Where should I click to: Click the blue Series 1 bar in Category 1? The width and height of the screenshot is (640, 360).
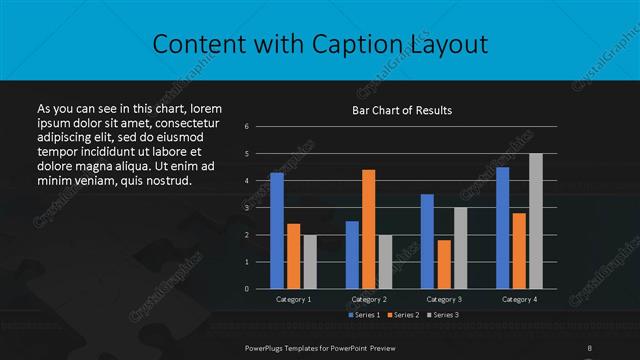click(277, 231)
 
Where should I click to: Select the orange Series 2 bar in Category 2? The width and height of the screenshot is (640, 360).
click(368, 229)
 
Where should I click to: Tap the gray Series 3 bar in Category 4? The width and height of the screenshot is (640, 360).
click(535, 221)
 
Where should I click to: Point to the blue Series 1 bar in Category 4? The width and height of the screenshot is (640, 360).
click(502, 228)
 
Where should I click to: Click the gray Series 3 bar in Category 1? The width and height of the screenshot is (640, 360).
click(310, 262)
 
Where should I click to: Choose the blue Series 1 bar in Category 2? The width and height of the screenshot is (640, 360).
click(352, 255)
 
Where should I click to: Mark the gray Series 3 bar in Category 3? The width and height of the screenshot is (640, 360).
click(460, 248)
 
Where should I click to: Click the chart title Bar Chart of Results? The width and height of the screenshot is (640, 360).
click(403, 110)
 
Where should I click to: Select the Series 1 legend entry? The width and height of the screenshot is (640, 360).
click(363, 315)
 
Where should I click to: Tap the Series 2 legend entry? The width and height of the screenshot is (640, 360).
click(403, 315)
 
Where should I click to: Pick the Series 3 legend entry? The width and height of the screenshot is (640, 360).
click(442, 315)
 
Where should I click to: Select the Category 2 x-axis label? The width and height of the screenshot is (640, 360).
click(369, 299)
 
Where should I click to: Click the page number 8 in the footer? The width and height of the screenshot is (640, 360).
click(590, 346)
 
